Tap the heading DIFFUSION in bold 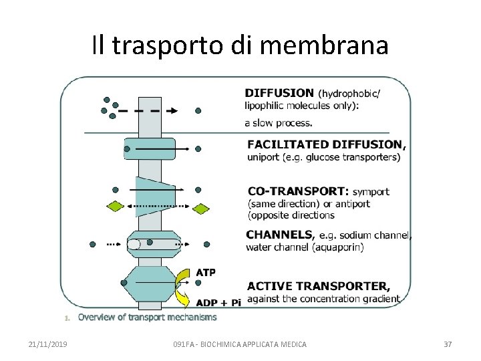[279, 94]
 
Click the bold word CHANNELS [279, 235]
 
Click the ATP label [205, 272]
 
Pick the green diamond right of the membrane [201, 209]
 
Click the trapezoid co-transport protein [154, 196]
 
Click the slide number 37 [448, 344]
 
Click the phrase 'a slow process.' [278, 123]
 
